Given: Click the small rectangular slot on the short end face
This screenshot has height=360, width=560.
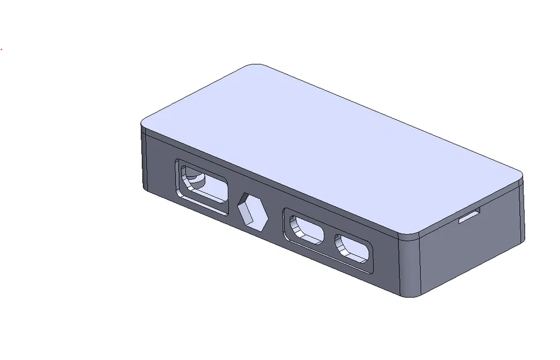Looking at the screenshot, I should click(470, 217).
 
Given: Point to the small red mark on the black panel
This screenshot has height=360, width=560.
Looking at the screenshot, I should click(2, 50).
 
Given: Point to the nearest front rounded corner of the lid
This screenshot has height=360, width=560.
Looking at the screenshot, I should click(410, 236).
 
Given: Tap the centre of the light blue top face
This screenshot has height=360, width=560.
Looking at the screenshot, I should click(331, 150).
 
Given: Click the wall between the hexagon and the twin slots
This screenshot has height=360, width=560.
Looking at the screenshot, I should click(275, 222).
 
